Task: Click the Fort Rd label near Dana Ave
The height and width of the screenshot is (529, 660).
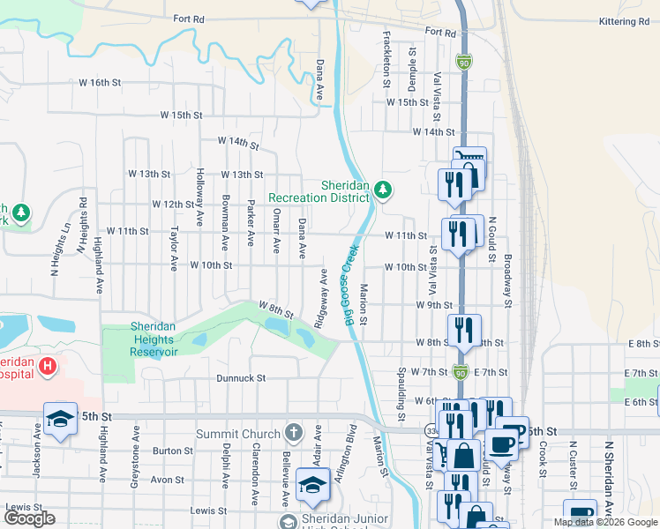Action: click(x=189, y=19)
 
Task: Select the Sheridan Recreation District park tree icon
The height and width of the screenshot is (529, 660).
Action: click(x=383, y=189)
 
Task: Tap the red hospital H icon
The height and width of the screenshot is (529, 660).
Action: click(x=48, y=365)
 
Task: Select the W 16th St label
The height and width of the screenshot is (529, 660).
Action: click(x=99, y=82)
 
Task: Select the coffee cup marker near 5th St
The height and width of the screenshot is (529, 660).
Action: click(x=502, y=446)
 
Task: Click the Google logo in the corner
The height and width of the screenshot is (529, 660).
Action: click(x=29, y=518)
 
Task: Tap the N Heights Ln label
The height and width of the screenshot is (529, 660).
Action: click(x=65, y=237)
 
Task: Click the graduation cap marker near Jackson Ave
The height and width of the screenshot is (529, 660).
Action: click(x=61, y=420)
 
